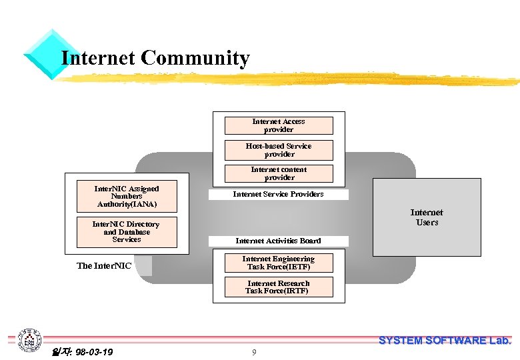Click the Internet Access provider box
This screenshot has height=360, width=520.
[x=279, y=125]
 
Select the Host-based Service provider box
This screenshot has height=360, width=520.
[x=279, y=150]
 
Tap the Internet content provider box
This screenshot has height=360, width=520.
[x=279, y=173]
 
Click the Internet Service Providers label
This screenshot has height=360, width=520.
[x=278, y=195]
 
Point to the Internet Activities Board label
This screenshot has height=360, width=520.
[x=278, y=241]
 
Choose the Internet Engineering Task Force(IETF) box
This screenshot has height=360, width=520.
[x=278, y=263]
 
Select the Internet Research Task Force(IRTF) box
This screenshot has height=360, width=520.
[x=278, y=287]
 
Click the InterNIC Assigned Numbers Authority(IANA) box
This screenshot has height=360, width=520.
[x=127, y=196]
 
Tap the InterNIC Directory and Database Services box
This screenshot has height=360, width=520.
[x=127, y=232]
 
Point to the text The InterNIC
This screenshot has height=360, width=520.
[x=104, y=266]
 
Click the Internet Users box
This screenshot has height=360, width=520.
[x=427, y=217]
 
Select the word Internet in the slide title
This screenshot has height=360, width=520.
[x=98, y=59]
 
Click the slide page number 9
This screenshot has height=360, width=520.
[x=254, y=353]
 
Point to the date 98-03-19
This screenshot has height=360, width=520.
[x=93, y=352]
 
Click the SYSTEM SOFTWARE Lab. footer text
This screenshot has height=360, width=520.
[x=445, y=341]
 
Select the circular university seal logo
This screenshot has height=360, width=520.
[x=29, y=341]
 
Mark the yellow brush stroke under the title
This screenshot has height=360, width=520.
[x=287, y=80]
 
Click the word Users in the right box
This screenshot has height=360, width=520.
[x=427, y=223]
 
